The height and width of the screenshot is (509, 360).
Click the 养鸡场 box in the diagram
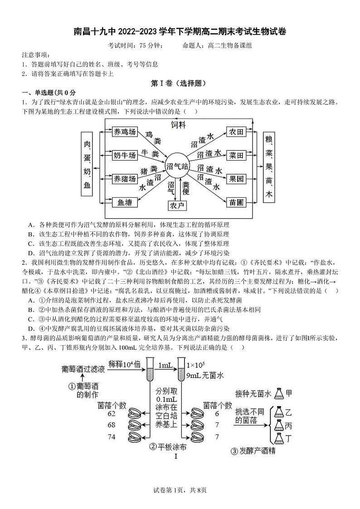point(124,132)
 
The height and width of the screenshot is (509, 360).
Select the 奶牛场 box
point(124,155)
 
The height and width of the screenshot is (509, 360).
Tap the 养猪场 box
point(124,179)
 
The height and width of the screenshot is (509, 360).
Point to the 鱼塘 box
point(124,203)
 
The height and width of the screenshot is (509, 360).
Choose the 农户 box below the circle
point(177,206)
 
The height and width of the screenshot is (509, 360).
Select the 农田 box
point(237,132)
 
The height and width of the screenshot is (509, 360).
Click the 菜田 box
point(237,155)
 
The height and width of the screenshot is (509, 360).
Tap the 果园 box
point(237,179)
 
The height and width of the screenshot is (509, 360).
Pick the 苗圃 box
point(237,203)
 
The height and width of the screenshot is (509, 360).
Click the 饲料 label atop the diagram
point(178,124)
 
